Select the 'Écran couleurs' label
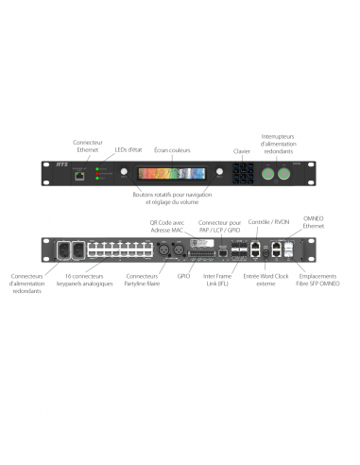pos(172,149)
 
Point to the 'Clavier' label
pos(243,149)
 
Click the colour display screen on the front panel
pos(171,173)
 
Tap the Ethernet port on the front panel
pos(82,174)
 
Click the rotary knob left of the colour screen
pos(123,173)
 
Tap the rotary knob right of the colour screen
pos(220,173)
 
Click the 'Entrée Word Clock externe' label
pos(266,280)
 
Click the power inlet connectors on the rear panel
pos(68,251)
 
